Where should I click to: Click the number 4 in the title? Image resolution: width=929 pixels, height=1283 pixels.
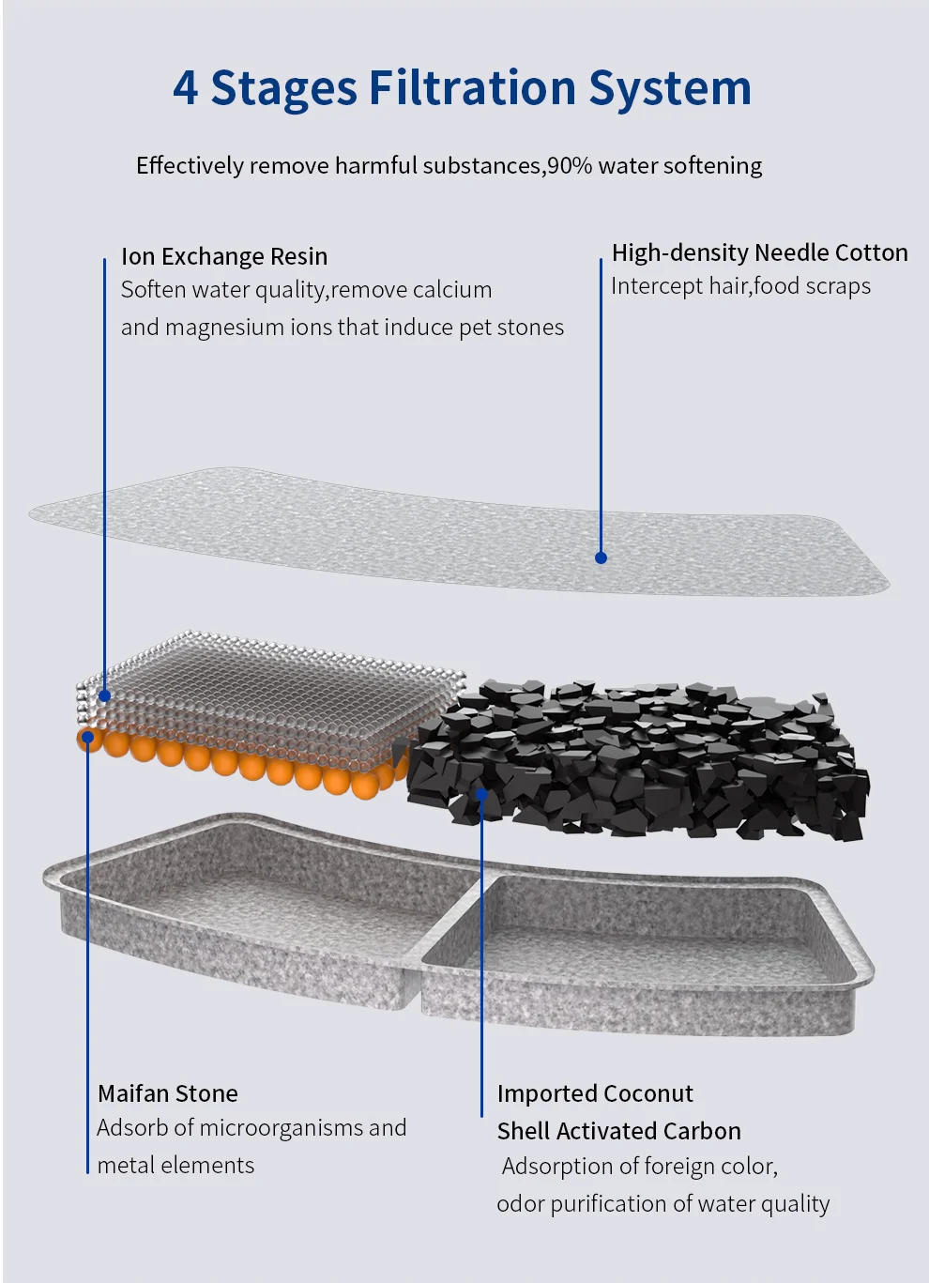click(186, 88)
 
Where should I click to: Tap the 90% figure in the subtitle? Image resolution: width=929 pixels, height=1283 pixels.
click(570, 166)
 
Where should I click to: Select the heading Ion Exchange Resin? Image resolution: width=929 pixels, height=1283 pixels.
click(224, 256)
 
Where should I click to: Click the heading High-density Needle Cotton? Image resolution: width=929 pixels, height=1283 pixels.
click(759, 252)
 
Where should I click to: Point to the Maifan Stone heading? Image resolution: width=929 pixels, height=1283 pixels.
click(168, 1093)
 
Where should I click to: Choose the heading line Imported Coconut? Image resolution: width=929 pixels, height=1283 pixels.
click(595, 1093)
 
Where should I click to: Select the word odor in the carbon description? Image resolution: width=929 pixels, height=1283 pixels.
click(520, 1204)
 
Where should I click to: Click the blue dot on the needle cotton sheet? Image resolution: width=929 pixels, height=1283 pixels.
click(602, 557)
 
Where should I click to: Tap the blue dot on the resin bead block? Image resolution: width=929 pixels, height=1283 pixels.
click(105, 695)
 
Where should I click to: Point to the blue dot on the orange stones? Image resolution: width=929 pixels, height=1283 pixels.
click(87, 737)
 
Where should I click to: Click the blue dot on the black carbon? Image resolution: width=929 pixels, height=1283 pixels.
click(481, 794)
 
